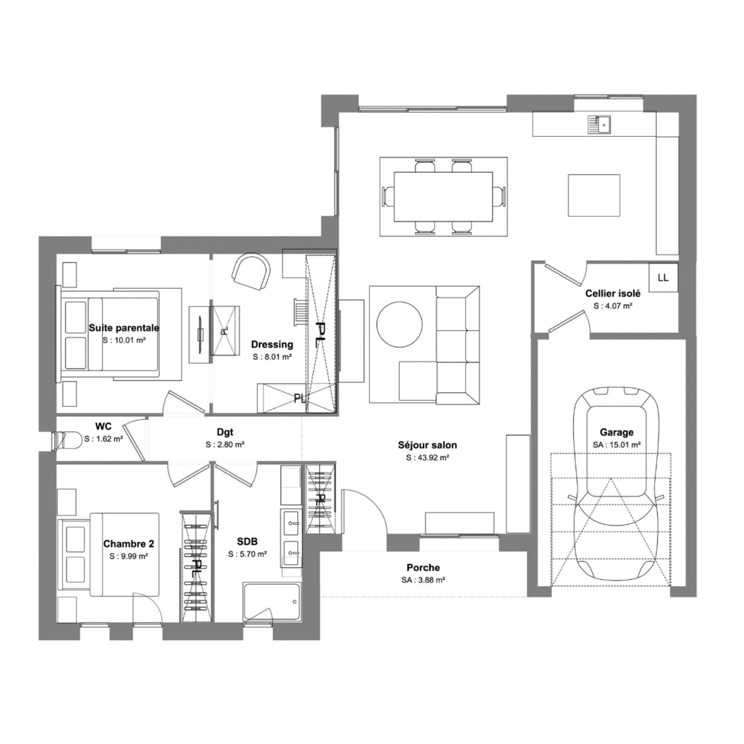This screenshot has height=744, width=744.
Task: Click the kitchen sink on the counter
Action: click(599, 124)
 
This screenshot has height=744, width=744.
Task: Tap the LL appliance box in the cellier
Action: click(663, 278)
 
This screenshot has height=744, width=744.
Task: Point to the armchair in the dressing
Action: click(250, 272)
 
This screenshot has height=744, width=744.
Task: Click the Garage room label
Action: click(616, 432)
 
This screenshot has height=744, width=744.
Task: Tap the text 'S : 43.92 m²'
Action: click(428, 458)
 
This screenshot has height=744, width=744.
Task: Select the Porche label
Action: click(423, 567)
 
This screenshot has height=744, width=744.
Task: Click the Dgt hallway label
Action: click(225, 432)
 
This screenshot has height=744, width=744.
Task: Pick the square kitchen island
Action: click(594, 195)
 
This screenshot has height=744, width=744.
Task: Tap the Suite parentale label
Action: click(124, 328)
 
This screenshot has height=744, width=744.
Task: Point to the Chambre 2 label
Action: click(129, 544)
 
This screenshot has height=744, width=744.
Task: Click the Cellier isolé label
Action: click(613, 293)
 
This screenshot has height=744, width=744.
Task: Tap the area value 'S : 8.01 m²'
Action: click(272, 357)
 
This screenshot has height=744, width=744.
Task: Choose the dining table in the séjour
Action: click(443, 197)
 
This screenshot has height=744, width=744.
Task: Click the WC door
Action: click(134, 443)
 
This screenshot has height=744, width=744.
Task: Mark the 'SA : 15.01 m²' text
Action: click(617, 445)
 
